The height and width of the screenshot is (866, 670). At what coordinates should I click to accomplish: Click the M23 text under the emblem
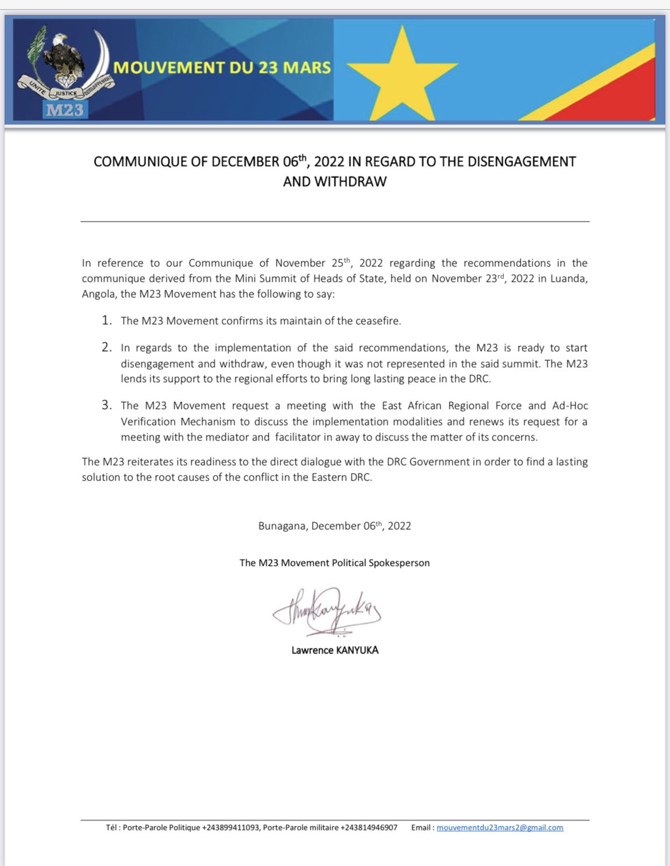tap(65, 109)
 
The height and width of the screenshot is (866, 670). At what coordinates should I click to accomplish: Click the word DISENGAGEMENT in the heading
tap(522, 162)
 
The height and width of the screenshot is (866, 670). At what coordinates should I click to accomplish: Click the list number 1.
tap(107, 320)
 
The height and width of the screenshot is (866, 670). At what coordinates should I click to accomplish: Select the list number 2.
tap(107, 347)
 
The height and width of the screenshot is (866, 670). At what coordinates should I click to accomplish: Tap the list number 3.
tap(107, 405)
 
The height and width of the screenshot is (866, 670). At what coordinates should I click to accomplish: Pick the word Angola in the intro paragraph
tap(98, 294)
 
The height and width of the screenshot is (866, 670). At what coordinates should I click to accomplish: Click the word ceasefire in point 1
tap(376, 321)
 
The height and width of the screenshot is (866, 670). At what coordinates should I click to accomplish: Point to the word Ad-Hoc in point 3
tap(570, 406)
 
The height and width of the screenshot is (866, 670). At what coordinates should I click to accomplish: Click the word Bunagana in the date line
tap(282, 526)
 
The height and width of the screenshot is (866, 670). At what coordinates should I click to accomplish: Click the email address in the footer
tap(500, 828)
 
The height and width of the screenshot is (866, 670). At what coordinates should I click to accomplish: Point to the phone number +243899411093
tap(231, 828)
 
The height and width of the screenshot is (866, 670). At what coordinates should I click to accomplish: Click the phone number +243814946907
tap(369, 828)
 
